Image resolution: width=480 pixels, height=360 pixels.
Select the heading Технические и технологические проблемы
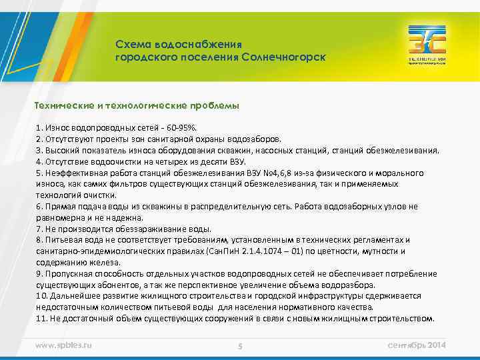(x=137, y=106)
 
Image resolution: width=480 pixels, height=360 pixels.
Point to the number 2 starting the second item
(x=38, y=139)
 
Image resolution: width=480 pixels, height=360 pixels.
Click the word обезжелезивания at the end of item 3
(x=407, y=150)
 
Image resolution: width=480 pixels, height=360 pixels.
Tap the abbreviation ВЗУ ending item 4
(x=238, y=161)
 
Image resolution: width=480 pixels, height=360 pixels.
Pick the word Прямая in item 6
(x=58, y=207)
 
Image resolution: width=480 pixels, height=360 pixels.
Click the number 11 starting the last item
(x=40, y=319)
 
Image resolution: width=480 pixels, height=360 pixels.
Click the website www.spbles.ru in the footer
(x=63, y=345)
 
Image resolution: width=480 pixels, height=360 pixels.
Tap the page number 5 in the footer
(x=240, y=345)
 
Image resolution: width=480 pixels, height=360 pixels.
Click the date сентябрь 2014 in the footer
(x=416, y=345)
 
